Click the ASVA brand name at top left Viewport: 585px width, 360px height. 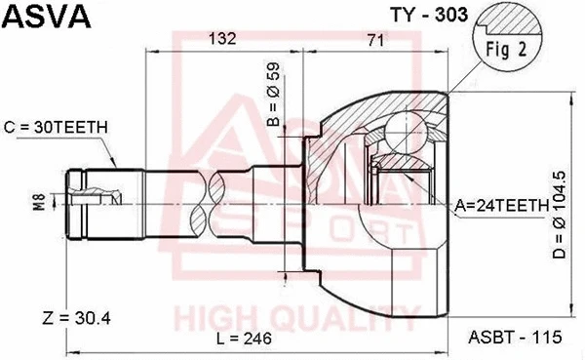click(46, 17)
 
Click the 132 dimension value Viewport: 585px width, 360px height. click(224, 39)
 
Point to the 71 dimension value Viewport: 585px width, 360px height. click(373, 39)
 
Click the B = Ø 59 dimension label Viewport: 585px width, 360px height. click(273, 99)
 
